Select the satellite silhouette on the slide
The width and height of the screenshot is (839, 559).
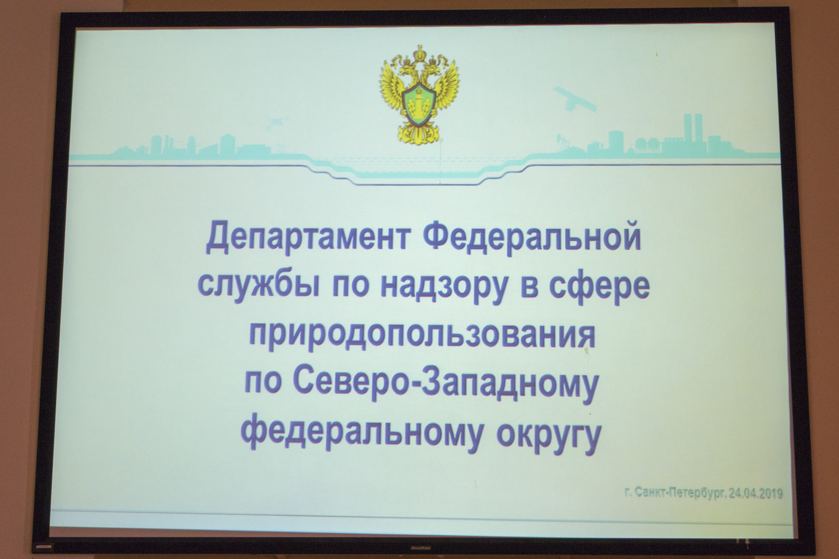point(574,98)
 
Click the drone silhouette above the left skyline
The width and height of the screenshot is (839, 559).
point(277,122)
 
